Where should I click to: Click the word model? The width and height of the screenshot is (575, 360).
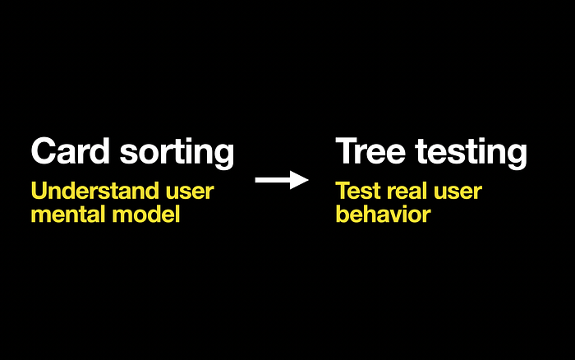(147, 215)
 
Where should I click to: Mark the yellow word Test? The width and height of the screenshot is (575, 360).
(355, 192)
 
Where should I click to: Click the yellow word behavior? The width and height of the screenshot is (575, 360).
(383, 215)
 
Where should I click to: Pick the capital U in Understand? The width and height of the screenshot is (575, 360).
(39, 192)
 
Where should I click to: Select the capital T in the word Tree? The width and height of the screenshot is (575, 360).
(346, 152)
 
